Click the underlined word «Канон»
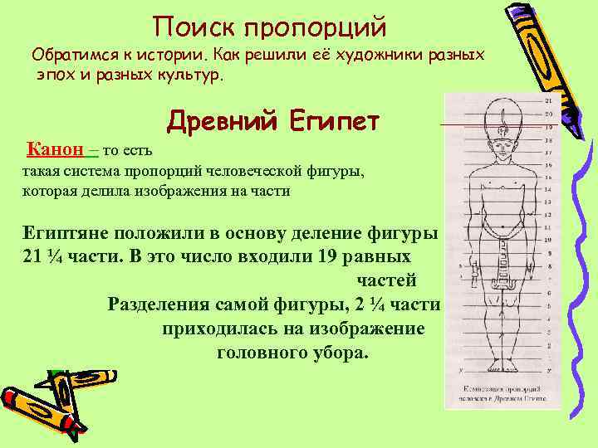click(x=56, y=149)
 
